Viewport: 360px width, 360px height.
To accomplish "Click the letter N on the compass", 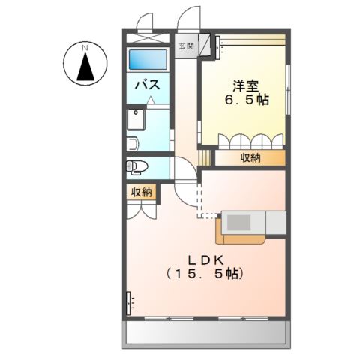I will [85, 49].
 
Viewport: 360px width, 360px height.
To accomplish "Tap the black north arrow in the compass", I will [85, 68].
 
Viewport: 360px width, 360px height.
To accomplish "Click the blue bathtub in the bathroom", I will [147, 60].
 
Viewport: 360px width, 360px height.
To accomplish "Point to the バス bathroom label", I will [145, 85].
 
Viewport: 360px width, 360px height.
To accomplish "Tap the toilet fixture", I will [136, 166].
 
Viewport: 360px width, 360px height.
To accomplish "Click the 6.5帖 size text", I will [247, 99].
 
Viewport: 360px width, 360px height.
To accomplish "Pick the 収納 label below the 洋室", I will [250, 157].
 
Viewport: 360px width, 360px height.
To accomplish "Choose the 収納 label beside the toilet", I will [141, 193].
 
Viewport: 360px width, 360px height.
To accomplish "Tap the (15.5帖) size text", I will [205, 274].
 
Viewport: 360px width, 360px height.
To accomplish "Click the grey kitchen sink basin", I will [241, 223].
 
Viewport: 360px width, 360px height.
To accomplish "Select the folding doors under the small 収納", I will [141, 209].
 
